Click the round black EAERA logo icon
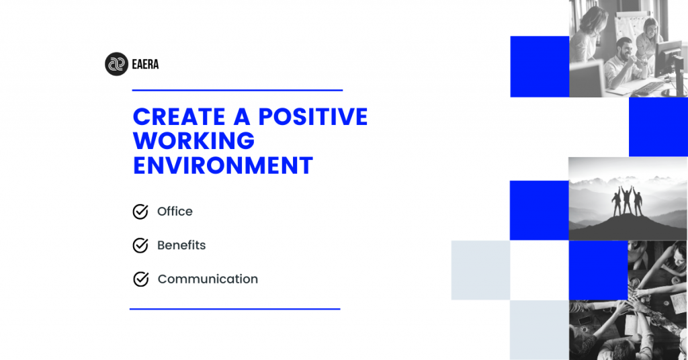click(x=116, y=64)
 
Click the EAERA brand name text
click(x=145, y=64)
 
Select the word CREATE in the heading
click(x=179, y=117)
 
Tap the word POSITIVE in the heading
click(x=313, y=117)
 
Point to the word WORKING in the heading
click(x=193, y=141)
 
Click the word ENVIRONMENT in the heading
click(x=223, y=166)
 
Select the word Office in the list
click(x=175, y=212)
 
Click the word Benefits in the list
click(x=181, y=245)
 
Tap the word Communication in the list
click(x=208, y=279)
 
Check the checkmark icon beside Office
click(x=140, y=212)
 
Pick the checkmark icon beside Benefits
click(x=140, y=245)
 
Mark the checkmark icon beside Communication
click(x=141, y=279)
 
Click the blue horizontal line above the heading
click(x=237, y=90)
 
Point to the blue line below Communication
click(x=234, y=309)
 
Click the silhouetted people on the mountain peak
click(x=627, y=201)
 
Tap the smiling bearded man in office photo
click(x=623, y=61)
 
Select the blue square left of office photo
click(x=540, y=66)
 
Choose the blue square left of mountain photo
click(x=540, y=210)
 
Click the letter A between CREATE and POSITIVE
click(x=242, y=117)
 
